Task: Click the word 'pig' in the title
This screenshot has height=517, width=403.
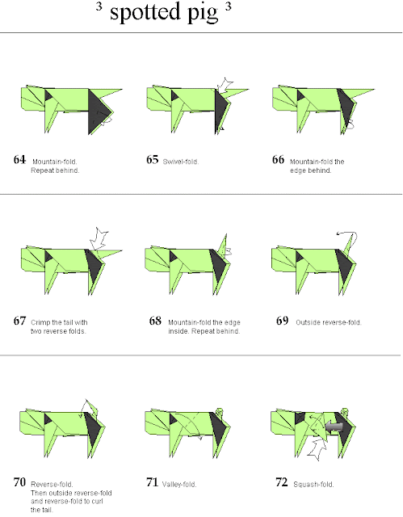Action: coord(203,14)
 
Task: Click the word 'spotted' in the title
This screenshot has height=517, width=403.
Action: coord(145,11)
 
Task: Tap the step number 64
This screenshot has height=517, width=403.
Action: coord(19,160)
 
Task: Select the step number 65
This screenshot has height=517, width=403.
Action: coord(153,160)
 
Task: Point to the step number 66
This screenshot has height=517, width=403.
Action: coord(278,160)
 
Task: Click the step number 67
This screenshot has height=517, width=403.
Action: coord(19,321)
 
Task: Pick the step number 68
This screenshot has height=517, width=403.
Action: coord(155,321)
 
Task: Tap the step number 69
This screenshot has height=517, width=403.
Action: coord(283,321)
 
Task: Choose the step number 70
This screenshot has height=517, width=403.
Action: coord(19,482)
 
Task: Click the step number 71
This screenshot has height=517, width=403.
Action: coord(153,482)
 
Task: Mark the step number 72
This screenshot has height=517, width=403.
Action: coord(282,482)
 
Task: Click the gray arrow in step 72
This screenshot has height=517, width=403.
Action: coord(334,427)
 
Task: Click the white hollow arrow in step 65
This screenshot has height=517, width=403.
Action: coord(225,86)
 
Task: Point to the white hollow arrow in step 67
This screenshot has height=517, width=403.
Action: coord(99,239)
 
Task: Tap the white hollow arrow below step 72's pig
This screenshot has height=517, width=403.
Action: coord(317,448)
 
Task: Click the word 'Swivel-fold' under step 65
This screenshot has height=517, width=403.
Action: coord(180,162)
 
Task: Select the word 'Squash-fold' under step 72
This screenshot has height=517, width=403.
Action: coord(313,485)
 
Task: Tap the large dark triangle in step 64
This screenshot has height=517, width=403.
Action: coord(99,111)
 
